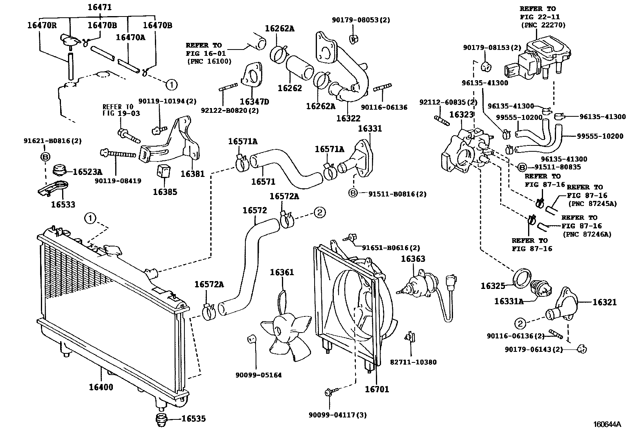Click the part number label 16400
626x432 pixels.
coord(101,387)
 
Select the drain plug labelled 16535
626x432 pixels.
coord(160,420)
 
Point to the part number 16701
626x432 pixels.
coord(376,390)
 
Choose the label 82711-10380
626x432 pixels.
coord(413,362)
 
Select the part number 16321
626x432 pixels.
coord(604,302)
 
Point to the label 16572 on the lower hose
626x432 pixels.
coord(255,210)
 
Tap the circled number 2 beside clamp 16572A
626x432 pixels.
coord(319,213)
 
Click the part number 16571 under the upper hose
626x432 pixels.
coord(263,182)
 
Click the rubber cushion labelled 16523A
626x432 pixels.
coord(59,170)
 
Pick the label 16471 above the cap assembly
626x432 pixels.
coord(99,7)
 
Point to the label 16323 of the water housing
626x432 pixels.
coord(462,114)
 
